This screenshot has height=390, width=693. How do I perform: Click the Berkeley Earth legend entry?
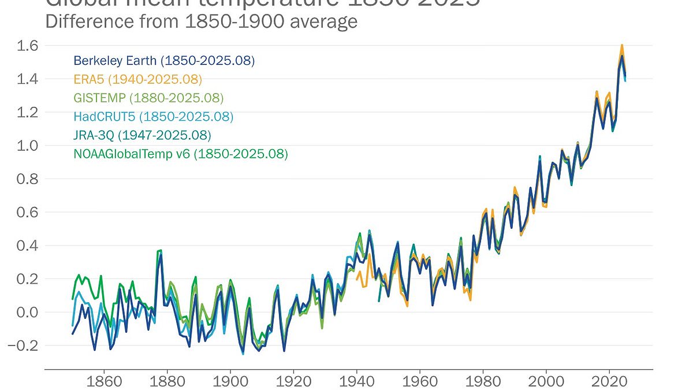click(164, 61)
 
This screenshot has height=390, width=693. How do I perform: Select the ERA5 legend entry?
click(137, 79)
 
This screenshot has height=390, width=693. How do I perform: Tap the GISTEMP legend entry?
click(148, 98)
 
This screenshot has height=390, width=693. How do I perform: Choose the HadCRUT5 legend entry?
click(153, 117)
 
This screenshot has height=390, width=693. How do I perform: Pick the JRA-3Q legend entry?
click(142, 135)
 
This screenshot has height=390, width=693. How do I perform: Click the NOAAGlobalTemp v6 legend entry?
click(180, 154)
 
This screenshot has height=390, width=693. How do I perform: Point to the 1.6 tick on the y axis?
click(21, 45)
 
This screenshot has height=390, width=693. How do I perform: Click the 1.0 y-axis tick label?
click(21, 145)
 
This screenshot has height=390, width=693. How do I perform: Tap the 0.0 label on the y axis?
click(21, 312)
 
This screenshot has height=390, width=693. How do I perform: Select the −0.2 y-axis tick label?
click(18, 346)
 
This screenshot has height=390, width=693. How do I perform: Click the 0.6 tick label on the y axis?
click(21, 212)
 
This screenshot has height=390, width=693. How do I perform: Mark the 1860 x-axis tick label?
click(104, 381)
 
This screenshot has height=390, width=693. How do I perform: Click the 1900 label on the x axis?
click(230, 381)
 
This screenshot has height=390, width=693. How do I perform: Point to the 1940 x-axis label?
click(357, 381)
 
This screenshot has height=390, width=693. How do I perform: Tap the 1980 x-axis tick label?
click(483, 381)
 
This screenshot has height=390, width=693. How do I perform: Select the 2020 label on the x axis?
click(610, 381)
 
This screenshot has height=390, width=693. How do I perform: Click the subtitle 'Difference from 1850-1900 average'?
click(201, 21)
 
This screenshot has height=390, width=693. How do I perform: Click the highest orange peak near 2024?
click(622, 45)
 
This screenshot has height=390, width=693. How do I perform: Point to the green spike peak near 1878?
click(160, 250)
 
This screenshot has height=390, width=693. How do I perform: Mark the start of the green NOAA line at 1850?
click(73, 299)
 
